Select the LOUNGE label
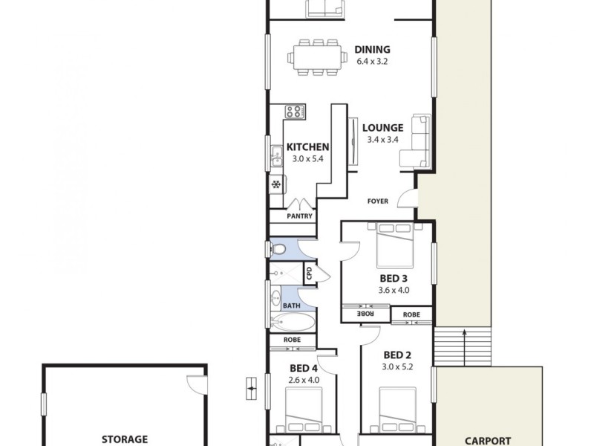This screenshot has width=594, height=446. [382, 127]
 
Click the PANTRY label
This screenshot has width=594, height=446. [301, 216]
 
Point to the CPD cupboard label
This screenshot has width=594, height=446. [310, 274]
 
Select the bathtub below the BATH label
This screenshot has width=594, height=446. [292, 323]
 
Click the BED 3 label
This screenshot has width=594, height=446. [394, 279]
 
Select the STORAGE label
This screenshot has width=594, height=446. [124, 439]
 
